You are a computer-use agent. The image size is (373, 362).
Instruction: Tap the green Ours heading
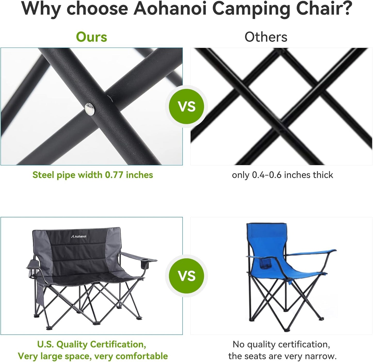91,37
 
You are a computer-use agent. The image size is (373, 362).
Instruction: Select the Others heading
266,37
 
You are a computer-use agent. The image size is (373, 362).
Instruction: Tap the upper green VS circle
187,106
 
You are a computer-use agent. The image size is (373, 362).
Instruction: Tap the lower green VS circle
187,276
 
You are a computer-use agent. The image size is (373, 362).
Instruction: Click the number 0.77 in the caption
114,175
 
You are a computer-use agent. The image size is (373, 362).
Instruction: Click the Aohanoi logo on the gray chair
79,236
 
